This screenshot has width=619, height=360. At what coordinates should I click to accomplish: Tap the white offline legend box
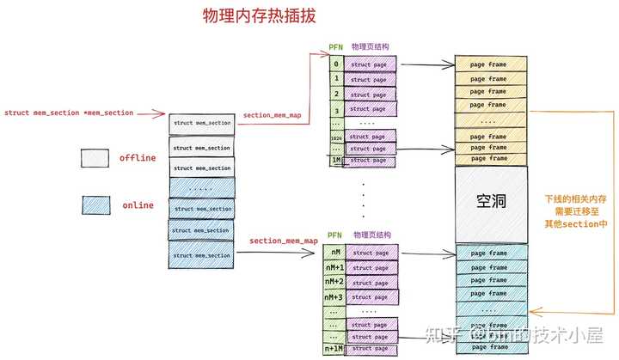point(95,158)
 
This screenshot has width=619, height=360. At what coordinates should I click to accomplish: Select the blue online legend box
point(95,204)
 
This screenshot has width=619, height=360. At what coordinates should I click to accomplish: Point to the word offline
point(137,158)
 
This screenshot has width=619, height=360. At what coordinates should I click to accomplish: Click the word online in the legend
point(137,205)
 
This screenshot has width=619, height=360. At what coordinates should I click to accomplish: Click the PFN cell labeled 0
point(336,64)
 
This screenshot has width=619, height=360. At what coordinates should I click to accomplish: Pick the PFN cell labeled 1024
point(336,136)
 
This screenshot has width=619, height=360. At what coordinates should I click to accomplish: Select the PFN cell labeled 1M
point(336,160)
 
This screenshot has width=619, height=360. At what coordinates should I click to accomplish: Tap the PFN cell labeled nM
point(334,252)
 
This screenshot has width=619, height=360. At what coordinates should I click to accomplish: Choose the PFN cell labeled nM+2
point(334,282)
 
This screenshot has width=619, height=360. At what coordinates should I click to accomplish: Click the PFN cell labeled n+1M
point(334,349)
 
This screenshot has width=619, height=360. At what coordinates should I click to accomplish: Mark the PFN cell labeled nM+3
point(334,297)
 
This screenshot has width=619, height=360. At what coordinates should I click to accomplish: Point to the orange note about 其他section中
point(576,211)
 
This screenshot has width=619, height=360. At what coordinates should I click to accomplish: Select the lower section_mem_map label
point(283,241)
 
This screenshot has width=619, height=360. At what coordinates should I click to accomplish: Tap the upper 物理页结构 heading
point(372,47)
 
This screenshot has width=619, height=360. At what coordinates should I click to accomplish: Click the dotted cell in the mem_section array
point(202,187)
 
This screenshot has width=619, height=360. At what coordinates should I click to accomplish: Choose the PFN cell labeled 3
point(336,110)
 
